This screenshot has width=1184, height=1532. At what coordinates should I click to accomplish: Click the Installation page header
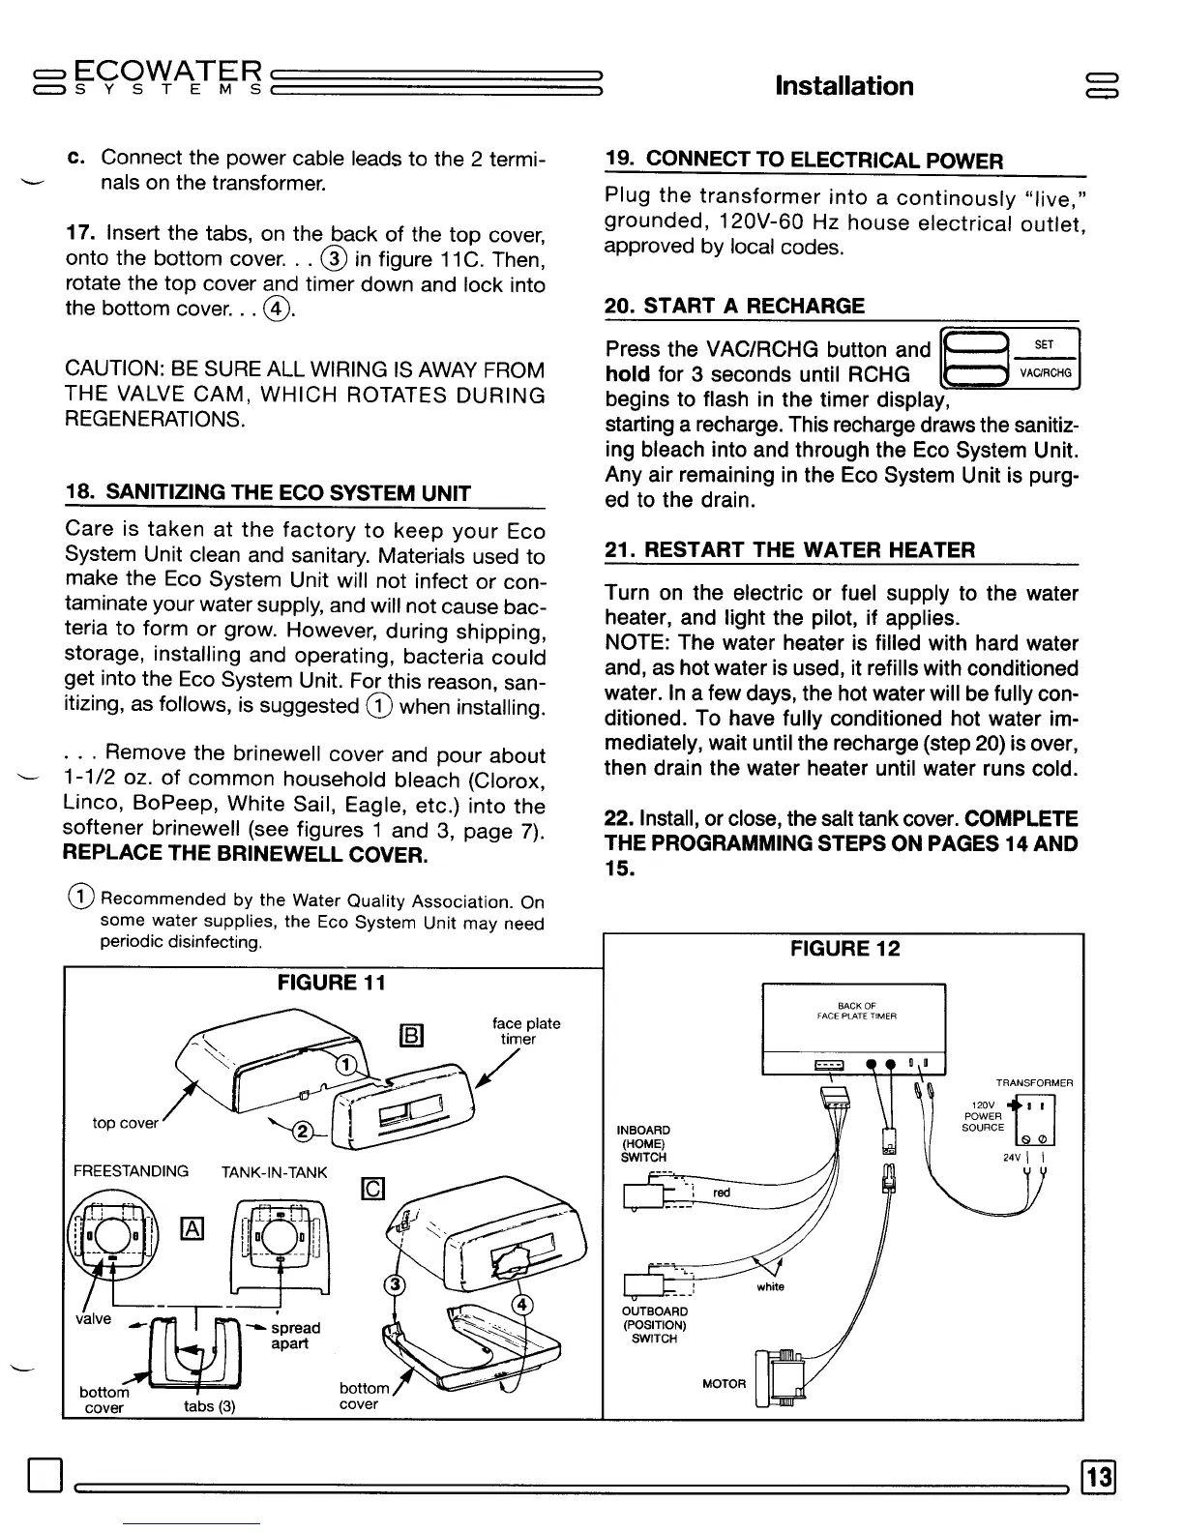click(x=844, y=86)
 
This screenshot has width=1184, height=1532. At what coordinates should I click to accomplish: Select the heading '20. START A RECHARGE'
click(x=734, y=307)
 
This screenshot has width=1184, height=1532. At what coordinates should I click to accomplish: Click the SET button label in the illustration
click(x=1044, y=345)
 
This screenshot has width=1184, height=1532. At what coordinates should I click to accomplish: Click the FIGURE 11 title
click(x=332, y=983)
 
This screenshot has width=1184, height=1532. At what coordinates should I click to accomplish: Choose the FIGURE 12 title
click(x=844, y=949)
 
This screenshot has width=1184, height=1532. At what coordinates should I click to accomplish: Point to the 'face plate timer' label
click(x=525, y=1031)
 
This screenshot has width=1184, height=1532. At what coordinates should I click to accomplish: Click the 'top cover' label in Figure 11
click(x=125, y=1123)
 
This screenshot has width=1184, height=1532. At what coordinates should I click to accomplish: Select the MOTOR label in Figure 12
click(x=725, y=1384)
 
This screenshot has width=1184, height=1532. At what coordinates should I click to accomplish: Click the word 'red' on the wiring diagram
click(x=722, y=1193)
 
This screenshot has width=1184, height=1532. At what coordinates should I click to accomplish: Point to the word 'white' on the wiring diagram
click(x=770, y=1287)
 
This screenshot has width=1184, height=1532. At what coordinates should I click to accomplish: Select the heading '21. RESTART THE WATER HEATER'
click(x=789, y=550)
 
